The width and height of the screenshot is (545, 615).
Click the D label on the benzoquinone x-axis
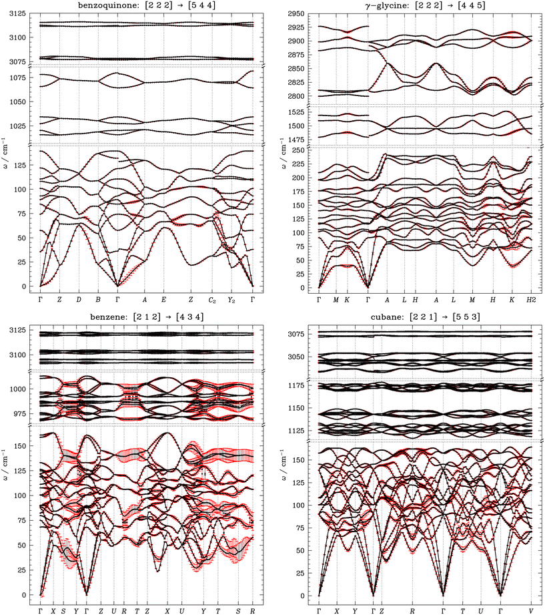79,299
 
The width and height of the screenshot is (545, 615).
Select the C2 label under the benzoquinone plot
211,300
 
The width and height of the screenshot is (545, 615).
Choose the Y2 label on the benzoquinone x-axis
231,300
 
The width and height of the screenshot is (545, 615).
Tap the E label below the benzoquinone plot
164,299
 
